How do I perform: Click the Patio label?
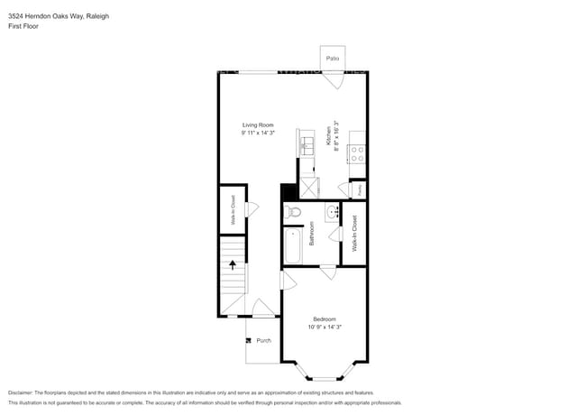point(332,58)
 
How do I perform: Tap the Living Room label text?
point(257,124)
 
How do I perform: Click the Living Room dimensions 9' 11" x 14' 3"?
point(257,133)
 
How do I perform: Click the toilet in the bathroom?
point(292,213)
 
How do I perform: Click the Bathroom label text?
point(312,234)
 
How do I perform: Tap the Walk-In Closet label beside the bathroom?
point(354,233)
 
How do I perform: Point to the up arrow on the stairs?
point(233,265)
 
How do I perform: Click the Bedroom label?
point(325,319)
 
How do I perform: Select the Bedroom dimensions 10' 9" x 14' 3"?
point(325,327)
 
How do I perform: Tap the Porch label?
point(263,340)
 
